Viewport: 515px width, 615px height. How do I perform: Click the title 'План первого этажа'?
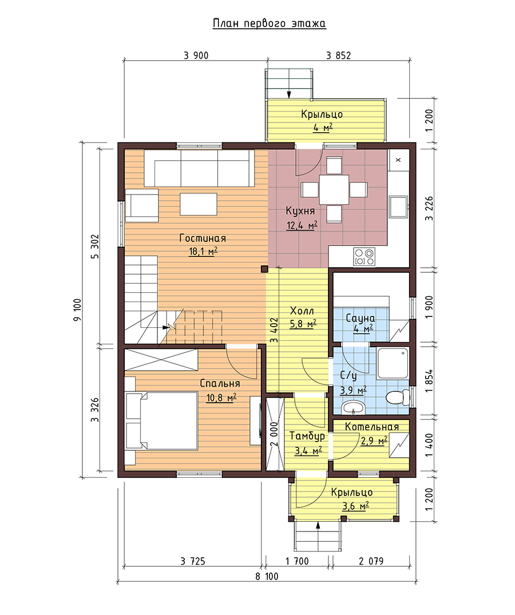(269, 23)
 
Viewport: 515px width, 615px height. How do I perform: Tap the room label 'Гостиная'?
(203, 238)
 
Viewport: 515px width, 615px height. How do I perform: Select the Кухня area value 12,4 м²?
(302, 225)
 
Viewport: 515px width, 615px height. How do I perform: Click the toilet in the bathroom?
(397, 398)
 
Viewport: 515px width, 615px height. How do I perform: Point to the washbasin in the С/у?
(354, 407)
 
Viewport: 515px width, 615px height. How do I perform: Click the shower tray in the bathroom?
(393, 363)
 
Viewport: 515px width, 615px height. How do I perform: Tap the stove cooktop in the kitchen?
(364, 256)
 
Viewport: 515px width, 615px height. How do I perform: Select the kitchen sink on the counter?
(398, 207)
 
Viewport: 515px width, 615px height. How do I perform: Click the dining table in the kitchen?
(334, 190)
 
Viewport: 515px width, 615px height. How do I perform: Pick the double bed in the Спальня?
(161, 420)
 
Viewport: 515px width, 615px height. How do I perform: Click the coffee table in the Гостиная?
(199, 204)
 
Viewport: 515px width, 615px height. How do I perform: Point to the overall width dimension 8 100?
(267, 576)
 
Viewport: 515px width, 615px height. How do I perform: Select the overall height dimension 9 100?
(77, 310)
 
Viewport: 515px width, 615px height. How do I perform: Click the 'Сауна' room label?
(360, 318)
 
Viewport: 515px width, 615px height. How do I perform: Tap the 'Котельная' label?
(372, 427)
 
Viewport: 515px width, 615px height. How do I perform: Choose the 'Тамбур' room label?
(307, 436)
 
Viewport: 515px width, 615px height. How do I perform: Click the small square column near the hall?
(264, 269)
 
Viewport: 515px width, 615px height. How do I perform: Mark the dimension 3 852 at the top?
(339, 55)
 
